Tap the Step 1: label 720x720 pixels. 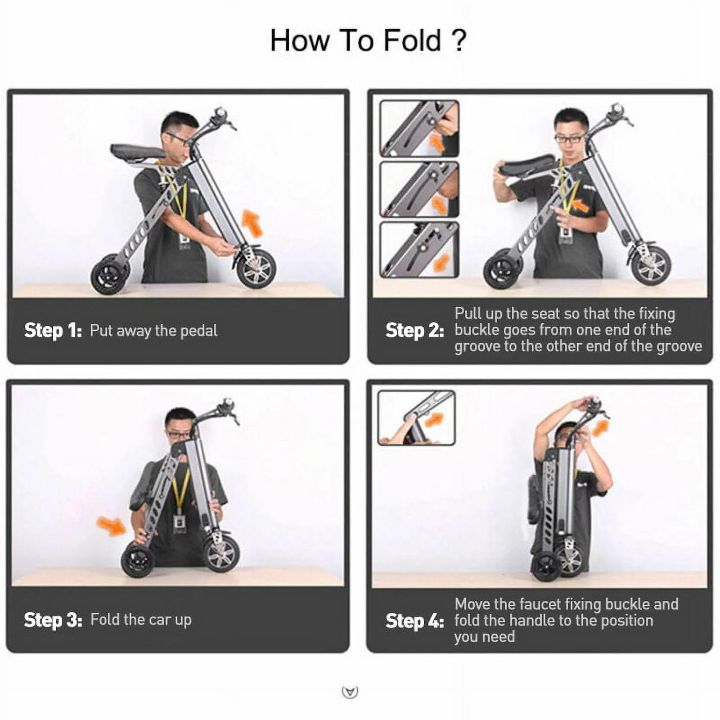pyautogui.click(x=53, y=331)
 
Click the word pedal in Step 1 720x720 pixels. pyautogui.click(x=198, y=331)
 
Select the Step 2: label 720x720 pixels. pyautogui.click(x=414, y=331)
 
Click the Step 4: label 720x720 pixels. pyautogui.click(x=414, y=621)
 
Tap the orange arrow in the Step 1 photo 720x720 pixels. pyautogui.click(x=252, y=223)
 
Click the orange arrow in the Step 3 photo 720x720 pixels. pyautogui.click(x=111, y=526)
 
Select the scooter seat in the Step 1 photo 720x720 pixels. pyautogui.click(x=137, y=152)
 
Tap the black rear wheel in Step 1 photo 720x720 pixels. pyautogui.click(x=109, y=275)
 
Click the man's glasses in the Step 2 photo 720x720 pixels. pyautogui.click(x=569, y=139)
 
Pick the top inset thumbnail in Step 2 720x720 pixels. pyautogui.click(x=419, y=129)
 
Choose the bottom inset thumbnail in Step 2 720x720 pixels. pyautogui.click(x=419, y=250)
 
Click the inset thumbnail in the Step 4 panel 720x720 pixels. pyautogui.click(x=416, y=418)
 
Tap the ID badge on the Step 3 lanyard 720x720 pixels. pyautogui.click(x=179, y=523)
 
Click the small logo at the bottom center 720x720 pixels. pyautogui.click(x=350, y=692)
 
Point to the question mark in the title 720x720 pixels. pyautogui.click(x=459, y=41)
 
